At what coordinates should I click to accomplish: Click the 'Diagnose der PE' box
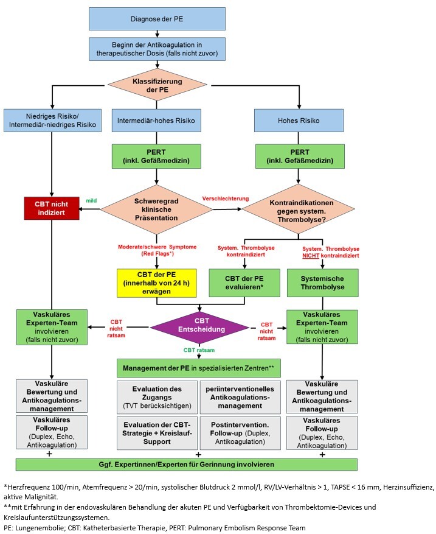point(157,18)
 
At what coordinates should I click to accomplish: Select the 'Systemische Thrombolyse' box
point(322,282)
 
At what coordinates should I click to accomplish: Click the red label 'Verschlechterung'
point(226,199)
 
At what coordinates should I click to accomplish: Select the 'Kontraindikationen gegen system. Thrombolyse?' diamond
point(299,208)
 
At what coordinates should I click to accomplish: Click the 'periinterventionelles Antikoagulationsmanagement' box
point(240,396)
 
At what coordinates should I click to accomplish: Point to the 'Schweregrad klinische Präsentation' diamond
point(157,208)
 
